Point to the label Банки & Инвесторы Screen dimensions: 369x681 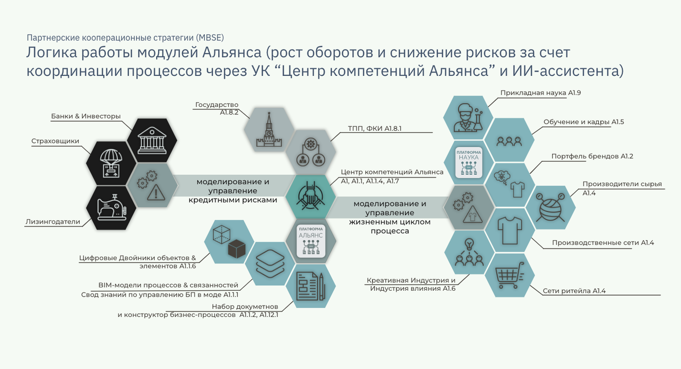86,116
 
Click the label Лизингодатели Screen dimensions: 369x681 53,222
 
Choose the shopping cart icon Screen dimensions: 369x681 509,275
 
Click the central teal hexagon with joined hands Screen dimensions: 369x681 310,196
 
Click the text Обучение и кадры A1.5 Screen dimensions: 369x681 584,122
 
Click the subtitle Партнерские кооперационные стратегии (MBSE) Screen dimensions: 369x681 125,37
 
